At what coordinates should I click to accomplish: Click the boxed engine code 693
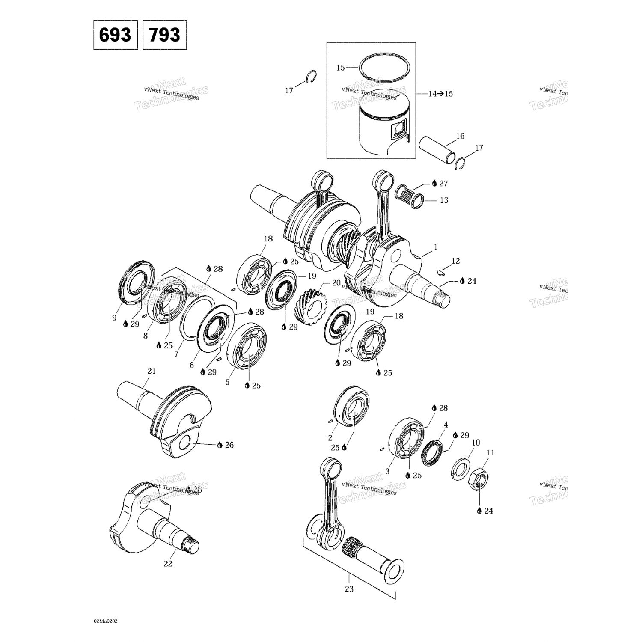[x=115, y=35]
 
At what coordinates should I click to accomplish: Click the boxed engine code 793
[x=164, y=35]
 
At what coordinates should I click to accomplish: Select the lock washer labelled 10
[x=461, y=467]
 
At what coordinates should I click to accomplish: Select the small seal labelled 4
[x=432, y=452]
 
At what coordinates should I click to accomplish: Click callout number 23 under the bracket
[x=349, y=589]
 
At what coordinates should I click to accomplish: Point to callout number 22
[x=168, y=564]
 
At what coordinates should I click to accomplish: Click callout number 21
[x=152, y=371]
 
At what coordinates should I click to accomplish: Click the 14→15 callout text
[x=440, y=94]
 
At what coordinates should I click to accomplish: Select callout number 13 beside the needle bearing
[x=444, y=200]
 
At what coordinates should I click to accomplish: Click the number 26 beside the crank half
[x=229, y=445]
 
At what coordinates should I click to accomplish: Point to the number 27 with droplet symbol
[x=443, y=184]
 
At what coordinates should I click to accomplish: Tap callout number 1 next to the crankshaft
[x=436, y=247]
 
